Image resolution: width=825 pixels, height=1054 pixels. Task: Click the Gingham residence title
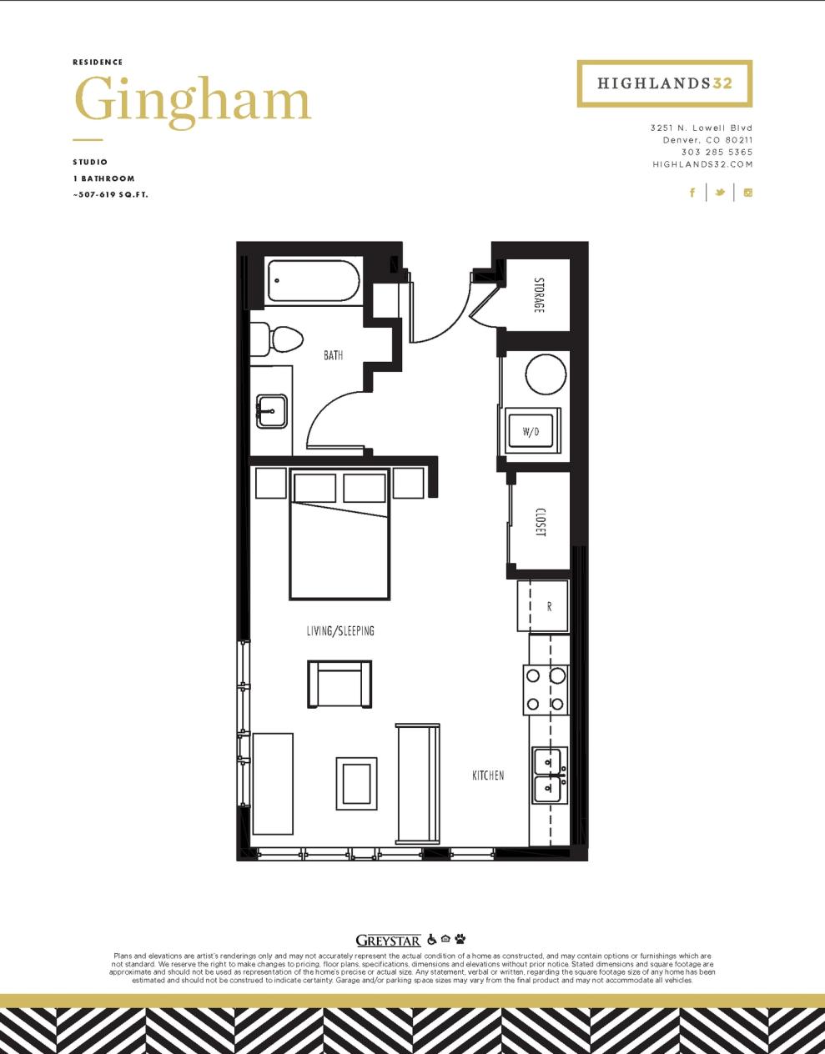tap(193, 101)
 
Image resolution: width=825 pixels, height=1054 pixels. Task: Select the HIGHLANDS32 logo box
tap(664, 83)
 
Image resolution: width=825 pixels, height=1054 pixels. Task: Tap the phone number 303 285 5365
tap(717, 153)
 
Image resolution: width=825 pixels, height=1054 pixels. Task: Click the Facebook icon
tap(692, 193)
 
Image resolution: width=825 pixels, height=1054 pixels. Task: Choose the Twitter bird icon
tap(719, 193)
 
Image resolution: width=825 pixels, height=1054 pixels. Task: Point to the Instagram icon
tap(748, 193)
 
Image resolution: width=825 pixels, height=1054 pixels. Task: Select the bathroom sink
tap(271, 410)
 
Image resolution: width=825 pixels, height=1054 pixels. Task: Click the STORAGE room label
tap(539, 295)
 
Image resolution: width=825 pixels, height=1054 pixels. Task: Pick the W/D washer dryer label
tap(531, 431)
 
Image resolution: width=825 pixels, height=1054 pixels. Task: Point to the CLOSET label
tap(540, 522)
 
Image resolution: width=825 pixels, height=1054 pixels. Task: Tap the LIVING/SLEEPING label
tap(340, 631)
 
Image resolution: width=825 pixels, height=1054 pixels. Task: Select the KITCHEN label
tap(488, 775)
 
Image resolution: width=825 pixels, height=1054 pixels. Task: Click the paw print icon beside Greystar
tap(460, 939)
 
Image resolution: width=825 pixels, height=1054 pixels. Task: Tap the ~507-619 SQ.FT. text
tap(110, 195)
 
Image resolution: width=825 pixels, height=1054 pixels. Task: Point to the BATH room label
tap(333, 355)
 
